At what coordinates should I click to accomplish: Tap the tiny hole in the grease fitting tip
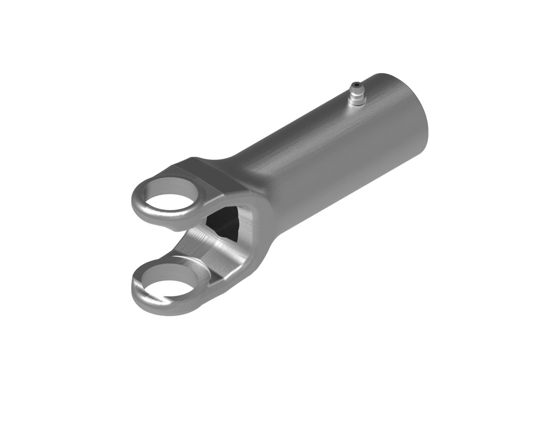click(x=358, y=86)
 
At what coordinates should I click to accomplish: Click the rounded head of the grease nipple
click(x=358, y=88)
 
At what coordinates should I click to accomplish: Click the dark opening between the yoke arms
click(x=224, y=221)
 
